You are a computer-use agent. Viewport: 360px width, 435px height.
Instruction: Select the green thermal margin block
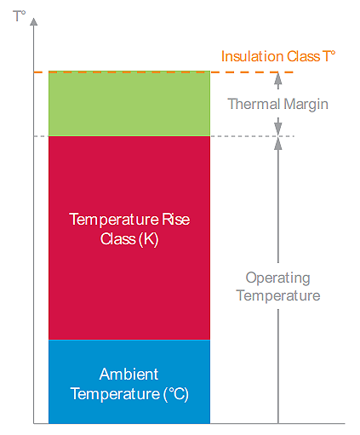129,103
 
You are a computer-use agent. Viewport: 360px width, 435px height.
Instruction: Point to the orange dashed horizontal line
247,72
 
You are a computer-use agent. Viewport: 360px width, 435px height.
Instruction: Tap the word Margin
306,104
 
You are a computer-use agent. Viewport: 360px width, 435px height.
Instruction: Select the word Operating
277,278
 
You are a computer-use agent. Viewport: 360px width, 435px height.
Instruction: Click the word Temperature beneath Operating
277,295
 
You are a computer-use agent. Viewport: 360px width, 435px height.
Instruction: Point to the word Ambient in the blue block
128,375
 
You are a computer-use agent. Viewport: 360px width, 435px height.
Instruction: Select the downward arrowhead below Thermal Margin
277,130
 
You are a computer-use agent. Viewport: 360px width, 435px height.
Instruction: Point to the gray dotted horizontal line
247,136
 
